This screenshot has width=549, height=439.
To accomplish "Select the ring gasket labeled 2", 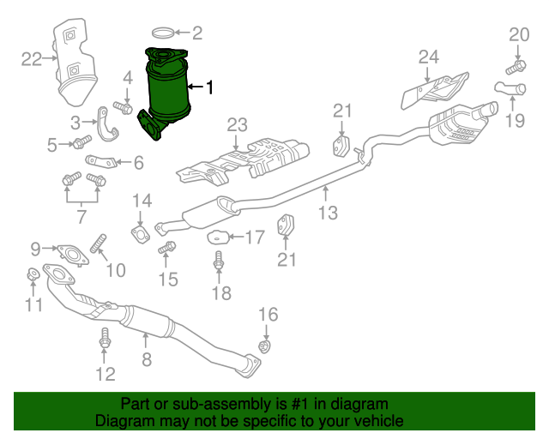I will [163, 34].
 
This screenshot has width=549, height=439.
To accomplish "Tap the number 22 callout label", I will [32, 58].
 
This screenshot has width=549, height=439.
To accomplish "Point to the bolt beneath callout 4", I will [124, 108].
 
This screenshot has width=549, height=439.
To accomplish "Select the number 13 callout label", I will [328, 213].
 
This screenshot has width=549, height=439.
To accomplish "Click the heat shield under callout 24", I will [433, 89].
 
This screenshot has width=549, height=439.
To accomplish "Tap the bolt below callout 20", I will [517, 64].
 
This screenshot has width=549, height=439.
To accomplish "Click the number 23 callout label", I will [237, 124].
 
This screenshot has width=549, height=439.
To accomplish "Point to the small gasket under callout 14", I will [137, 232].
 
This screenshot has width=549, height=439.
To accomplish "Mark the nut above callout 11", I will [31, 274].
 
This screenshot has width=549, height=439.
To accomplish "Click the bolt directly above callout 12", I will [105, 339].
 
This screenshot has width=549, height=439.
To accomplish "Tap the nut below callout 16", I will [265, 346].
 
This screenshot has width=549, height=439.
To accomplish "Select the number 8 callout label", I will [147, 360].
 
